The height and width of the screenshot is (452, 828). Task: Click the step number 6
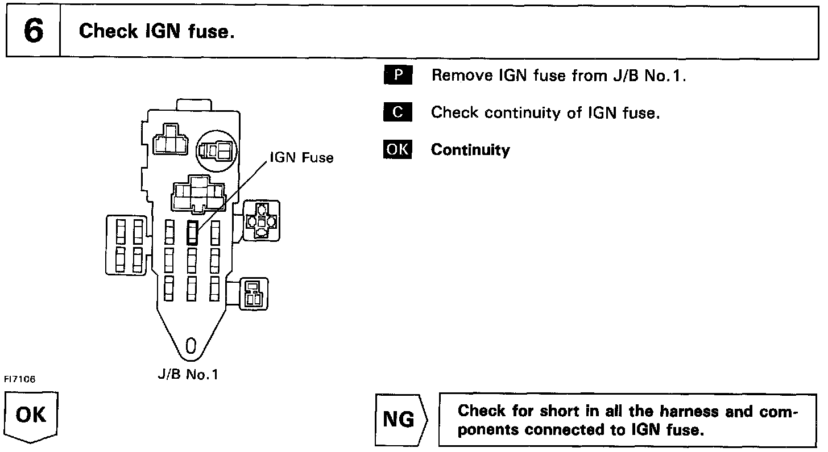(x=34, y=31)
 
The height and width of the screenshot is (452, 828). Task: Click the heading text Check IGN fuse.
(x=157, y=31)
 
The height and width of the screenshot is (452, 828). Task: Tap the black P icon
(x=398, y=75)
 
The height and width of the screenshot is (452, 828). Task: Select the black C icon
(x=398, y=112)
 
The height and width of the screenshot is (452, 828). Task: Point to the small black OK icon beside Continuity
(x=398, y=149)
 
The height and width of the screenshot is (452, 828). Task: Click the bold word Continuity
(x=470, y=150)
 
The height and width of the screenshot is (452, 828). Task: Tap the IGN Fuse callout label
(x=301, y=157)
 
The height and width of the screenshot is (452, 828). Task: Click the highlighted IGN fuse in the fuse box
(x=192, y=232)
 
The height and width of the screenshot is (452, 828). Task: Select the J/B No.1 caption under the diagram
(x=188, y=375)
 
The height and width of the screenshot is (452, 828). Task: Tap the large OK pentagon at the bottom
(x=31, y=416)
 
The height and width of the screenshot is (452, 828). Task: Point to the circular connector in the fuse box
(x=217, y=150)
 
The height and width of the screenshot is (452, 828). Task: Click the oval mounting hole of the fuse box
(x=191, y=345)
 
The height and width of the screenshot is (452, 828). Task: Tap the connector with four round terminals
(x=261, y=221)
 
